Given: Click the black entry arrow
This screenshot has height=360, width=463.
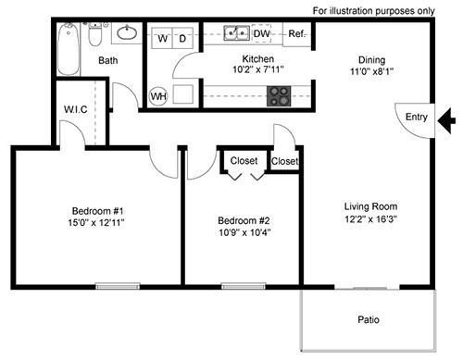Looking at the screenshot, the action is tap(446, 120).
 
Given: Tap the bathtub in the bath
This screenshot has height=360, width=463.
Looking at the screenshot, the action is tap(69, 49).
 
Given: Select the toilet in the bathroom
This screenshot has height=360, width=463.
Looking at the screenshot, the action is tap(95, 34).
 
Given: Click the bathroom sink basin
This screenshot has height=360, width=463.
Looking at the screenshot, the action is tap(127, 33).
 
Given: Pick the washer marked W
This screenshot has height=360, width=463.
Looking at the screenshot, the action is tap(162, 38).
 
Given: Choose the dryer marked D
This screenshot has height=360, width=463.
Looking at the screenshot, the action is tap(182, 38).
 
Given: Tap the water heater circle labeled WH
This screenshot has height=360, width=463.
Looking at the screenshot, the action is tap(158, 96).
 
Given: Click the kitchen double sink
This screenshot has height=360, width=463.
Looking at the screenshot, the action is tap(237, 33).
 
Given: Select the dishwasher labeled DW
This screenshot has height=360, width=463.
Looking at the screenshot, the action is tap(261, 33).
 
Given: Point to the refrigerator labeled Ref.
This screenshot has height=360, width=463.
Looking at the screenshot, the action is tap(297, 34).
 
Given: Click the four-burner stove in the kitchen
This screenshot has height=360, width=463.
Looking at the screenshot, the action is tap(279, 96).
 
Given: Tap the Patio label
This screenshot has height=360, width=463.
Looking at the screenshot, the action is tap(369, 319).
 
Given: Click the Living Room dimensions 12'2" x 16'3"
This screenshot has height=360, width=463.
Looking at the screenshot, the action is tap(370, 219).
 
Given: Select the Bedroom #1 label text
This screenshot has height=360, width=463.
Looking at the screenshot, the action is tap(97, 211).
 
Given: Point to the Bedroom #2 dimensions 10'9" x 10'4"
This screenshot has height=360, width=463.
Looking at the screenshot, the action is tap(244, 232).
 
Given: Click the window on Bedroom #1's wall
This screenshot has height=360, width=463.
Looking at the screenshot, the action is tap(118, 286).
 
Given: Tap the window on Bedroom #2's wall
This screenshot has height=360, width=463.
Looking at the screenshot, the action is tap(244, 286).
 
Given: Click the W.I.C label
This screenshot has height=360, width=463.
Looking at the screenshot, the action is tap(75, 109).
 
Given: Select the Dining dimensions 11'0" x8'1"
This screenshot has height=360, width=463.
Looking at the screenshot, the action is tap(371, 71).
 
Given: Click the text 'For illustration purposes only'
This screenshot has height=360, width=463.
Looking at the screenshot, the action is tap(374, 11).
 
